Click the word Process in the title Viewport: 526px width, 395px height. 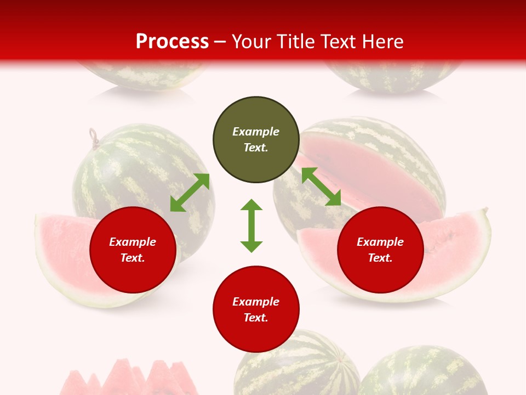[x=172, y=42]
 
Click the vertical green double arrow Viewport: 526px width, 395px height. [x=251, y=225]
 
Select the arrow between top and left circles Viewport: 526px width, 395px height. [x=190, y=193]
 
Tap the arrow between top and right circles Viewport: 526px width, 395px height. [x=322, y=187]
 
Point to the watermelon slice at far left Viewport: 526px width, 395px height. [x=60, y=258]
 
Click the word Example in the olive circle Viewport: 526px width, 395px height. [x=256, y=132]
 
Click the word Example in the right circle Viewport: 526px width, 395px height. [x=380, y=242]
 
